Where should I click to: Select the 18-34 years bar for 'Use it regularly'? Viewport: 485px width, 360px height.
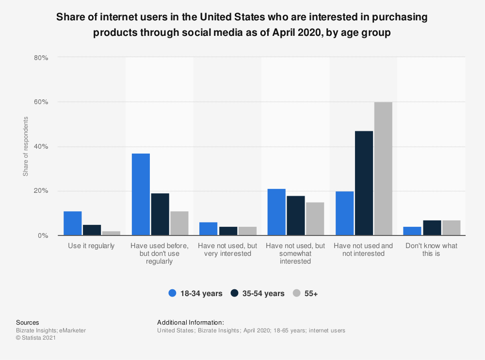click(x=73, y=223)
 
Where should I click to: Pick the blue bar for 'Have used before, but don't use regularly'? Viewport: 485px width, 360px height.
click(x=141, y=194)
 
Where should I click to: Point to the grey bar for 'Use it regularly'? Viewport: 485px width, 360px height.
click(x=111, y=233)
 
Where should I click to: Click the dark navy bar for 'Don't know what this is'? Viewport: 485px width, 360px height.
click(x=432, y=228)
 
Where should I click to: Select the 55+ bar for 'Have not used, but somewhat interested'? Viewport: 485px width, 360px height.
click(x=315, y=219)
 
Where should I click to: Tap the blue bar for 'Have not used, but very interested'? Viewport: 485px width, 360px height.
click(x=209, y=229)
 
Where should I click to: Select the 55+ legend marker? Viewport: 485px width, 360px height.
click(x=297, y=293)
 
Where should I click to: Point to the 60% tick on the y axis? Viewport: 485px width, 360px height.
click(x=41, y=102)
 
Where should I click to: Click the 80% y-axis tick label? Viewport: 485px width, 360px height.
click(x=41, y=58)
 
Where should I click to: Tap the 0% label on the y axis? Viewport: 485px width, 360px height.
click(x=43, y=235)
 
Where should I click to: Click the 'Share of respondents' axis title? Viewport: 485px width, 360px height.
click(x=26, y=146)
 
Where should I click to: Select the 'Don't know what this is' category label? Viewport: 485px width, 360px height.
click(x=431, y=250)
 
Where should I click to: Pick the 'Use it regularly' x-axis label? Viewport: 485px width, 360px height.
click(x=92, y=246)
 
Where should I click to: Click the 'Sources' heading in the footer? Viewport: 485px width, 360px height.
click(x=28, y=322)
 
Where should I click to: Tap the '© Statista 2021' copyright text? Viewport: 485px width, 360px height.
click(x=36, y=338)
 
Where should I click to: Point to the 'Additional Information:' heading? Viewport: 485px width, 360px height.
click(x=190, y=322)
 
